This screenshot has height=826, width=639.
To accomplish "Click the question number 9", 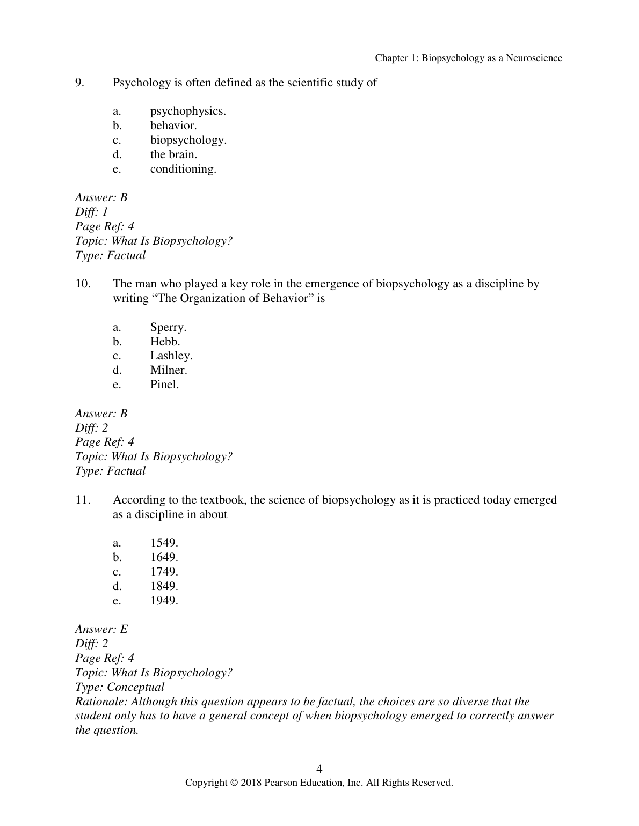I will point(79,83).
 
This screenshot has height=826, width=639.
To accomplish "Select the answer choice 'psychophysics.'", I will point(188,111).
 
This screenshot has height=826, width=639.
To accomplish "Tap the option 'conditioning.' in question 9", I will point(183,169).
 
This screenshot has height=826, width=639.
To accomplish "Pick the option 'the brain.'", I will point(173,154).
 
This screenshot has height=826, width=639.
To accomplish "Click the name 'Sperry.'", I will point(168,327).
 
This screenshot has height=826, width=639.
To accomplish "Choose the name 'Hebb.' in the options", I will point(165,342).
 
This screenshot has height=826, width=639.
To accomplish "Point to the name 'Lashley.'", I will point(171,356).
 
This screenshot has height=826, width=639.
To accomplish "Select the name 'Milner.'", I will point(169,370).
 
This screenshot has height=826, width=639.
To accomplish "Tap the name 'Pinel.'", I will point(164,385).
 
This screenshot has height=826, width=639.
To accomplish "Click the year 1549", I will point(164,543).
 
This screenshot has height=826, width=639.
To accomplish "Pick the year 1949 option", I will point(164,601).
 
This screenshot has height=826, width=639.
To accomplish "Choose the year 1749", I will point(164,572).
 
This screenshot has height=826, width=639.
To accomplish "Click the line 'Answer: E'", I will point(101,629).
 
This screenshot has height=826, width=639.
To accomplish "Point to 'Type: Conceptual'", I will point(120,687).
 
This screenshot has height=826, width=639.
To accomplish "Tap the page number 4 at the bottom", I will point(319,769).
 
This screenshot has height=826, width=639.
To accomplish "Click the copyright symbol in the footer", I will point(233,783).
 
